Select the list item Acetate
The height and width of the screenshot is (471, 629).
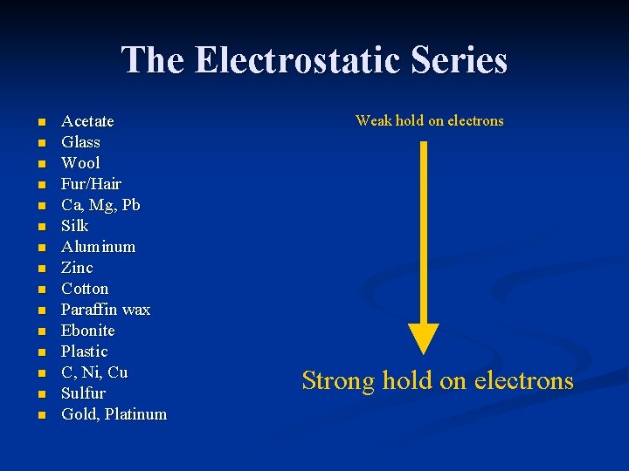click(x=87, y=121)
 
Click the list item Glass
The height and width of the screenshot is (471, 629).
click(x=80, y=142)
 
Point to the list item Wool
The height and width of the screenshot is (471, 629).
click(x=80, y=163)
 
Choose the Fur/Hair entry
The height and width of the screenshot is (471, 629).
click(x=91, y=184)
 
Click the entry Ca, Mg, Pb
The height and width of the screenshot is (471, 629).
click(x=100, y=205)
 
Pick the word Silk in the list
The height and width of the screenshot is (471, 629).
click(x=75, y=226)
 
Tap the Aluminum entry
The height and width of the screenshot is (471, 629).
click(x=98, y=247)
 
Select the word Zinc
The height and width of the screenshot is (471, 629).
click(x=77, y=268)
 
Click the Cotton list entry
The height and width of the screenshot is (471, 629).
click(x=85, y=289)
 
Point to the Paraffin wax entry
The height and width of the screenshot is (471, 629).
click(x=106, y=310)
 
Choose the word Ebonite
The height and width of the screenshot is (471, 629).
click(x=87, y=331)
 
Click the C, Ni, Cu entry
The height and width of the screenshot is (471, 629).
click(x=94, y=372)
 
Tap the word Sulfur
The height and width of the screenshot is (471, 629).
click(x=83, y=393)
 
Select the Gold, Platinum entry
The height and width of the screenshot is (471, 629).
click(x=114, y=414)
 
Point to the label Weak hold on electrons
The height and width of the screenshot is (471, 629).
click(x=429, y=121)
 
